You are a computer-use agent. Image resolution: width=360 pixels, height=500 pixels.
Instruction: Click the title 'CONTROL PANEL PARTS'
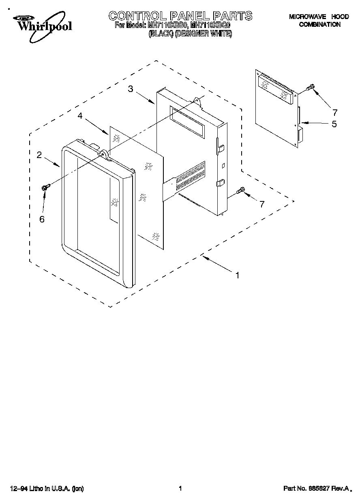coord(180,16)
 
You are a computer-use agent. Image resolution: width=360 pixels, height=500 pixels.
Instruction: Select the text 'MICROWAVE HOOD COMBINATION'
coord(319,21)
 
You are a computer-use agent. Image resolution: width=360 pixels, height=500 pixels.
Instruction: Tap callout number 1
coord(238,275)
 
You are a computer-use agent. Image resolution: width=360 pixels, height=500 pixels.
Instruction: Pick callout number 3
coord(131,89)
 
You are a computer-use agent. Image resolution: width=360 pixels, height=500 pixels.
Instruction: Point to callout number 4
coord(80,116)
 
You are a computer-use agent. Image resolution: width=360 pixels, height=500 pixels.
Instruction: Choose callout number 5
coord(334,124)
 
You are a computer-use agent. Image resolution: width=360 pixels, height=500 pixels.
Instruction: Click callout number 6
coord(42,219)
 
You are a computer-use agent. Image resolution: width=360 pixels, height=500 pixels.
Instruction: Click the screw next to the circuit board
coord(311,87)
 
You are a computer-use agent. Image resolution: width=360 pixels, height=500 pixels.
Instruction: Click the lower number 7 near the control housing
coord(262,204)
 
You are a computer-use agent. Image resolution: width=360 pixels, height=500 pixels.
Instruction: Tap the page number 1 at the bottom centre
coord(180,489)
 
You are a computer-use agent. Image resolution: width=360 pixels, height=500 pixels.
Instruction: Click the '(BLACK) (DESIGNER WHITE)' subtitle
coord(191,34)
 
